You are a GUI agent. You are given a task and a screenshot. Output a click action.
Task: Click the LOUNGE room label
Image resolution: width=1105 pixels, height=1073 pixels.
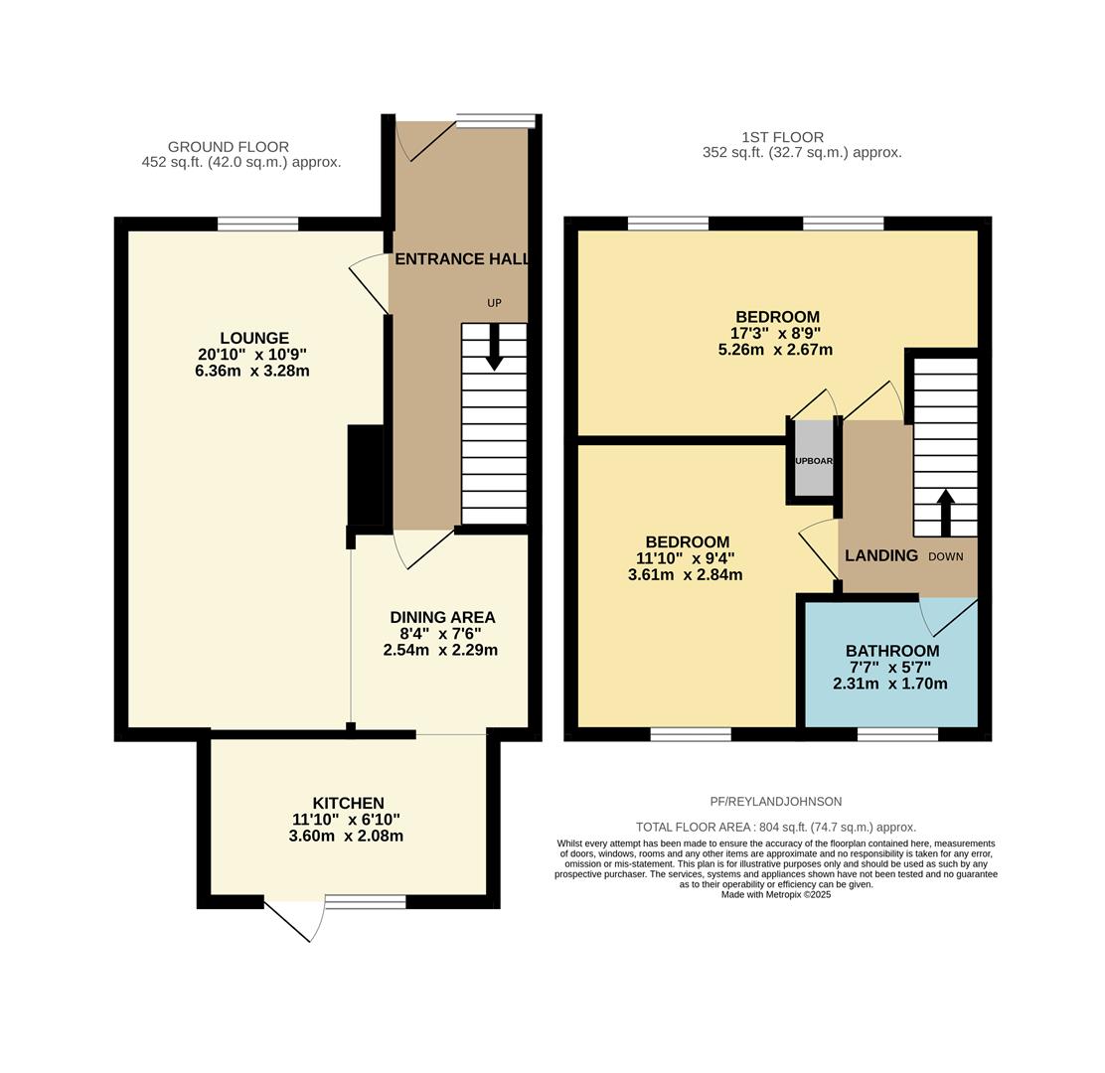254,338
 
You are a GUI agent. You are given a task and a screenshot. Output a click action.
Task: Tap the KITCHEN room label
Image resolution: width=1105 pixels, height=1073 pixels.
348,803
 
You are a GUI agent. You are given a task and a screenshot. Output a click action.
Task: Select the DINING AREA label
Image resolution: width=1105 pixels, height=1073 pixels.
442,617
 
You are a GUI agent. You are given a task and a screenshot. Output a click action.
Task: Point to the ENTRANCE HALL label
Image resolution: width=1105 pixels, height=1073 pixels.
461,259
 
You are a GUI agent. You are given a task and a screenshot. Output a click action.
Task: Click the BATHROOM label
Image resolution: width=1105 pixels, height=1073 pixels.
891,651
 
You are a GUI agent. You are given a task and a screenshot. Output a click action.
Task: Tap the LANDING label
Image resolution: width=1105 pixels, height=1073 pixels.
880,555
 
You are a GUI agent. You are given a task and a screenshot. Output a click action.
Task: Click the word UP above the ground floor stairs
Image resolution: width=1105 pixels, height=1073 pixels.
494,303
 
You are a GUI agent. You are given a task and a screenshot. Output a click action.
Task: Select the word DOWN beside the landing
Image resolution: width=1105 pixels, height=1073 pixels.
945,556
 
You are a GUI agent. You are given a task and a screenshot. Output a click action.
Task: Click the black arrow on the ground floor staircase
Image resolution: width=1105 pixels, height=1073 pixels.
494,349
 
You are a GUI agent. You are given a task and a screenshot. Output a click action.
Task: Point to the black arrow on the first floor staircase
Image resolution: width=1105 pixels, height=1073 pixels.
945,511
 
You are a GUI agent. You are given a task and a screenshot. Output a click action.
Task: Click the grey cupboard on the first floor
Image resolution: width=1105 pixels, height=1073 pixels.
814,459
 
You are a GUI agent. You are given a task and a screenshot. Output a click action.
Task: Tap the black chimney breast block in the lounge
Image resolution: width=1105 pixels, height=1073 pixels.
365,475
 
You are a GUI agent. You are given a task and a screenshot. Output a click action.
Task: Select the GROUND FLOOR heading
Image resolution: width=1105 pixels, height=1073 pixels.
228,147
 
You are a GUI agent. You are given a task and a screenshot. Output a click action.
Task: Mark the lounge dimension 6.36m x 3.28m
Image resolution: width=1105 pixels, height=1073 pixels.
252,372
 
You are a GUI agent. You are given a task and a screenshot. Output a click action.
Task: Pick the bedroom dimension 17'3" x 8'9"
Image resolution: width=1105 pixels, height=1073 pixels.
775,334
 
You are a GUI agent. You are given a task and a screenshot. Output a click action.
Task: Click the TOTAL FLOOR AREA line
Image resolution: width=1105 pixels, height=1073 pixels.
775,827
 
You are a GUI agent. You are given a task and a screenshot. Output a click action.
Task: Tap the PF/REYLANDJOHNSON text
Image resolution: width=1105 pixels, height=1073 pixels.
775,802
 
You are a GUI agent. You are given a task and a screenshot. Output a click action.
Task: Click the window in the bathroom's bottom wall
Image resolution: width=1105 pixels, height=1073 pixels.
897,734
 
